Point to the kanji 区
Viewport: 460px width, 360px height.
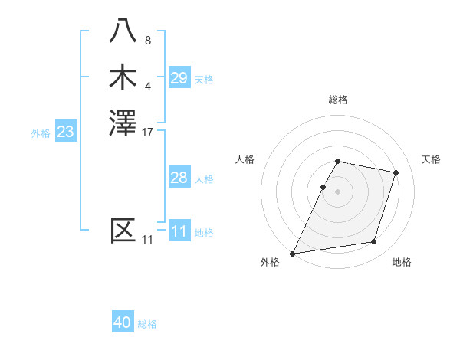[x=123, y=231]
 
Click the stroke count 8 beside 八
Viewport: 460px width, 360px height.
[x=148, y=40]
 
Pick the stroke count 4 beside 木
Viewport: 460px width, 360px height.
[x=148, y=85]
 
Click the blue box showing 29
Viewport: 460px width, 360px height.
[x=179, y=78]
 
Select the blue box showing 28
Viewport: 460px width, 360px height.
[x=179, y=178]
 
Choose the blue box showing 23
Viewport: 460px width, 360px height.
[x=65, y=133]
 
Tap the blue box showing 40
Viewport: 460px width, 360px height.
[x=123, y=322]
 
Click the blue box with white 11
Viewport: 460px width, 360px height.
[x=179, y=231]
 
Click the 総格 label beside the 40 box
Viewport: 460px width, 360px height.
[x=147, y=324]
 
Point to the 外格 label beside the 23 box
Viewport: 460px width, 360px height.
[x=41, y=133]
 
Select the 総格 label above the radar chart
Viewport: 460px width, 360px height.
[x=338, y=100]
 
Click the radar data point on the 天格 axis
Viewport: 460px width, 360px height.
[x=396, y=172]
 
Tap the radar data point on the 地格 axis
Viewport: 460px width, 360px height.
[x=374, y=242]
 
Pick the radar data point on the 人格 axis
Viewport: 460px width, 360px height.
[x=323, y=187]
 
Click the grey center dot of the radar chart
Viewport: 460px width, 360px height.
[x=338, y=191]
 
